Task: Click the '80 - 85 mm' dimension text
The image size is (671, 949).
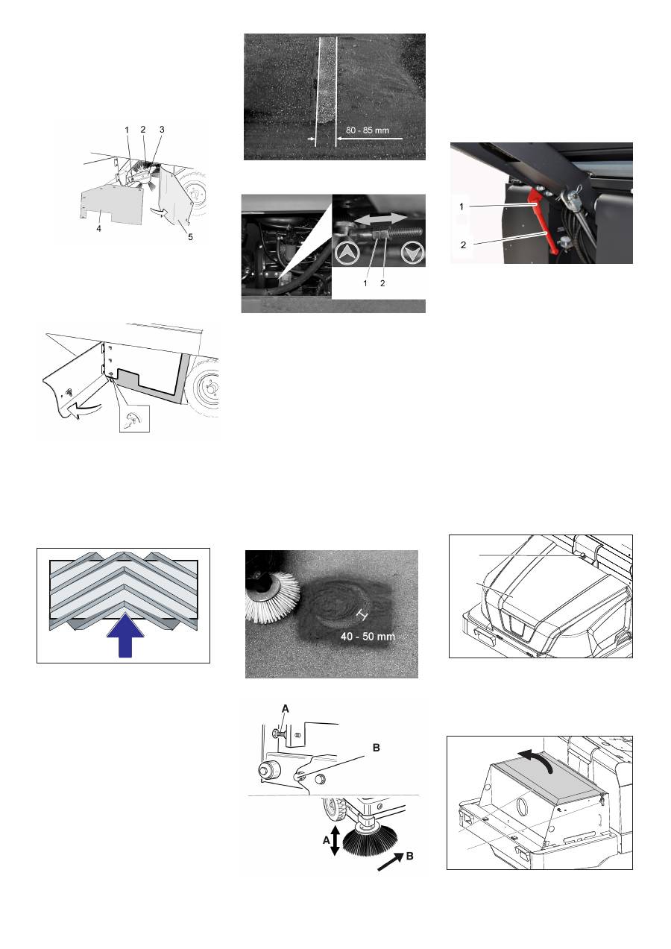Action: coord(367,130)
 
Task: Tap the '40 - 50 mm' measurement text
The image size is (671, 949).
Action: coord(368,637)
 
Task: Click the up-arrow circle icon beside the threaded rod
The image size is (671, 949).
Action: coord(347,253)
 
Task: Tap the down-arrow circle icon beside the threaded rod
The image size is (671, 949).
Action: coord(412,253)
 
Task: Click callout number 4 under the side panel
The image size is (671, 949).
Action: coord(98,228)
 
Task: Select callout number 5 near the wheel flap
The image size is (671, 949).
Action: coord(190,237)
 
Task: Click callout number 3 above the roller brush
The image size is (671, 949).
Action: coord(162,130)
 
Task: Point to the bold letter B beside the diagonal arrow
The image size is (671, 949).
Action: coord(409,857)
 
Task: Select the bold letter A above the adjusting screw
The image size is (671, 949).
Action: coord(286,709)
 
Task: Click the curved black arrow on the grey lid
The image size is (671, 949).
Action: coord(537,759)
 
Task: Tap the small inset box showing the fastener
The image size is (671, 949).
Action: coord(134,418)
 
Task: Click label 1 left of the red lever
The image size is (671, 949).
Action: coord(461,206)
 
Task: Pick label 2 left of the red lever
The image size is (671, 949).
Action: coord(463,245)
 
